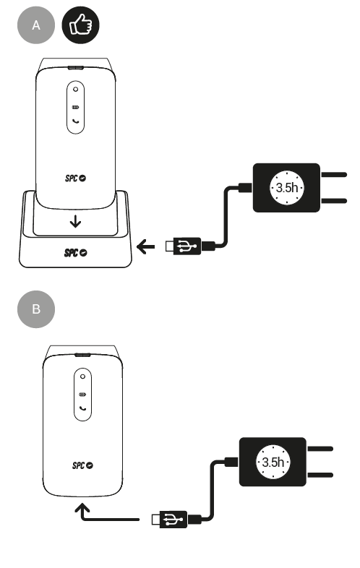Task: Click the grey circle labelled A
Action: pos(36,25)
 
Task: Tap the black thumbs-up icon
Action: pos(80,25)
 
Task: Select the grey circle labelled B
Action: pos(36,309)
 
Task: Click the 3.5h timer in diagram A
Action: pos(287,188)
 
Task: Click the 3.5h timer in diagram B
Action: pos(273,462)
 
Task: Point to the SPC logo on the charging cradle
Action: pos(75,252)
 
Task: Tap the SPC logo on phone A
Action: pos(75,178)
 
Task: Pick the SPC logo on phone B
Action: pos(82,465)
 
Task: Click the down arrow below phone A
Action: pos(75,221)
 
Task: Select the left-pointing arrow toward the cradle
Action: pos(146,246)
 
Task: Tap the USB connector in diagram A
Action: pos(184,246)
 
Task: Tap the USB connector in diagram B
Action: pos(170,520)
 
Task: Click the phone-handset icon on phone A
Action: pos(76,121)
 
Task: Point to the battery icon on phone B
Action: pos(82,394)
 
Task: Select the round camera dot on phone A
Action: pos(75,89)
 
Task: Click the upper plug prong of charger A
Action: pos(333,175)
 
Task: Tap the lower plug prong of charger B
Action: pos(320,475)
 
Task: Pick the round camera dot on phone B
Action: pos(82,376)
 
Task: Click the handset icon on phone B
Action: pos(83,408)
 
